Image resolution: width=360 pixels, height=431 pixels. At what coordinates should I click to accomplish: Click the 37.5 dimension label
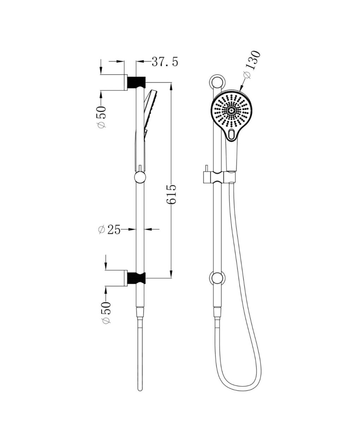[165, 62]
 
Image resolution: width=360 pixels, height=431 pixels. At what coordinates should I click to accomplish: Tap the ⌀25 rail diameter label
[109, 230]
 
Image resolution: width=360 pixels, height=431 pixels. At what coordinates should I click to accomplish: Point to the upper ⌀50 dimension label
[102, 117]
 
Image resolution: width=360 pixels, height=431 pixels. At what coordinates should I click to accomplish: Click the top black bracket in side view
[137, 82]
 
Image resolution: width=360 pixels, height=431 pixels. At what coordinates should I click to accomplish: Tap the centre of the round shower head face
[231, 111]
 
